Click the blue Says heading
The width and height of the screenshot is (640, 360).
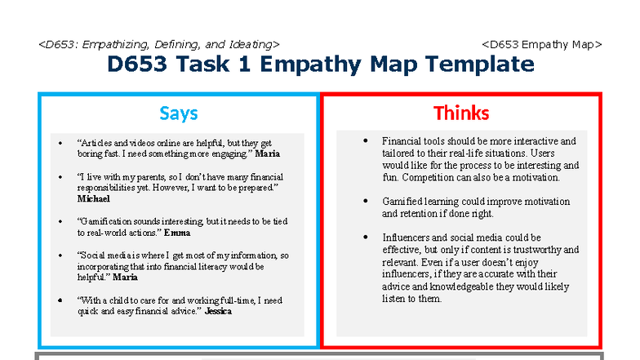pos(178,113)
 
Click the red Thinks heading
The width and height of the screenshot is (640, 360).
pos(461,113)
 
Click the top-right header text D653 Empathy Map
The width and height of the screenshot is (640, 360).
pos(542,44)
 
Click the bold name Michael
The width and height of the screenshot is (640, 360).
pos(93,198)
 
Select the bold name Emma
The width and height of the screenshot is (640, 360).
pos(177,233)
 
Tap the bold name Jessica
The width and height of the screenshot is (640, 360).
pos(218,311)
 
